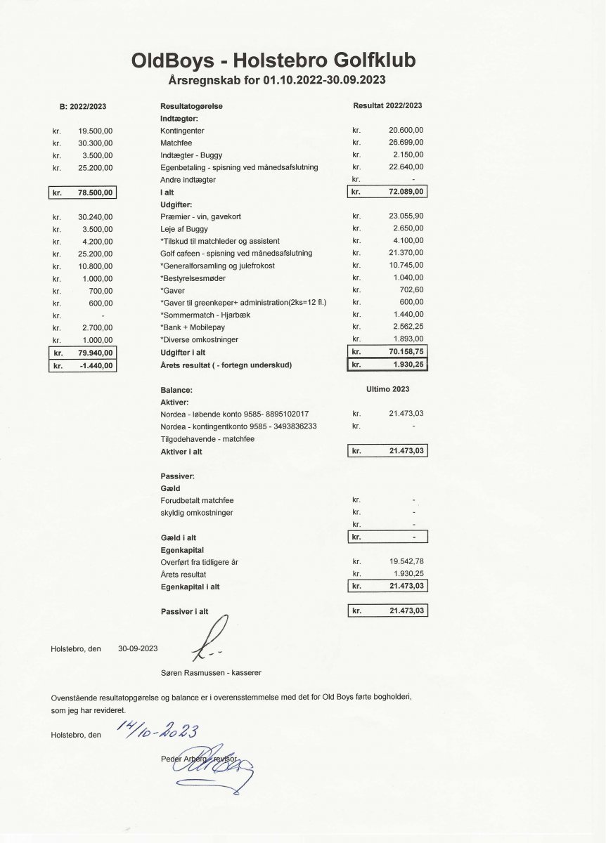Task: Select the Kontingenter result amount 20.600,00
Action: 406,131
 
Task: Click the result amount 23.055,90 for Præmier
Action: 406,216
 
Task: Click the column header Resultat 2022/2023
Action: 387,105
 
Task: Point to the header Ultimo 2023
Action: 387,389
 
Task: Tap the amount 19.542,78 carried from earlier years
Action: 406,561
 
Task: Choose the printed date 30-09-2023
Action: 138,648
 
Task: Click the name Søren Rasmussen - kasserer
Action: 211,672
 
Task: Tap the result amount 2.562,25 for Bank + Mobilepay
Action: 406,327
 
